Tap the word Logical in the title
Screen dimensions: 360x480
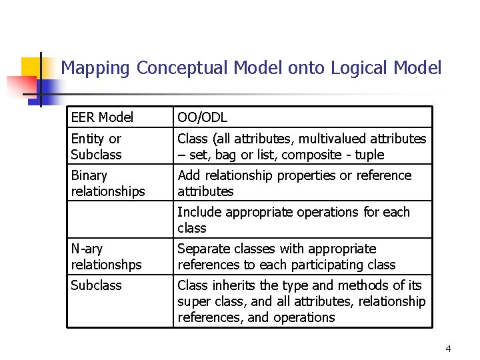[x=358, y=67]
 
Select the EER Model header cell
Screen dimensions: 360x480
[x=102, y=118]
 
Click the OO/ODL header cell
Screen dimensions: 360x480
[x=202, y=118]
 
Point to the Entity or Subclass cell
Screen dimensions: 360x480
[x=97, y=147]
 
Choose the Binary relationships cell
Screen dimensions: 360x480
[x=107, y=183]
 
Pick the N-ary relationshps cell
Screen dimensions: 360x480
[x=106, y=257]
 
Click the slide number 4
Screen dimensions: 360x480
[x=448, y=349]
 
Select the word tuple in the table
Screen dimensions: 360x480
[x=371, y=155]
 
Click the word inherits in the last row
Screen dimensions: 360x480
[x=231, y=285]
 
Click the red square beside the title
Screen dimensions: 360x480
[x=20, y=86]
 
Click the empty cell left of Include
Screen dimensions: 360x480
[x=119, y=220]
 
